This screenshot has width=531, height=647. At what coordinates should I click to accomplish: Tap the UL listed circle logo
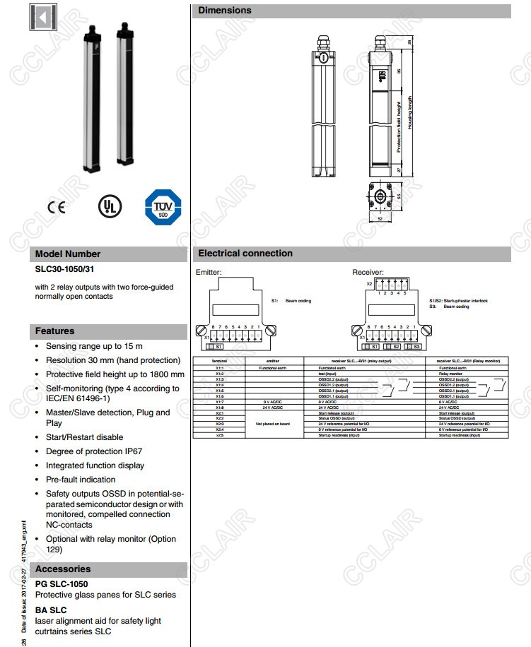pyautogui.click(x=110, y=206)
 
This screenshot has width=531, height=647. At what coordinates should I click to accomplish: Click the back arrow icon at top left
pyautogui.click(x=43, y=18)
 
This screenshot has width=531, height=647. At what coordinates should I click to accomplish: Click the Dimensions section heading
pyautogui.click(x=224, y=11)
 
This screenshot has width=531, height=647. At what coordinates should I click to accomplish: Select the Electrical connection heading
pyautogui.click(x=245, y=254)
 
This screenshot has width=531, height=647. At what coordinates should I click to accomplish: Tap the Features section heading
pyautogui.click(x=54, y=331)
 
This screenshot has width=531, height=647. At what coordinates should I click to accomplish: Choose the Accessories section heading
pyautogui.click(x=63, y=569)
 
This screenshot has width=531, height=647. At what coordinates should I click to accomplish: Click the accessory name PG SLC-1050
pyautogui.click(x=62, y=584)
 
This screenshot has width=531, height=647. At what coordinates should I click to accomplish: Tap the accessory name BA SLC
pyautogui.click(x=51, y=610)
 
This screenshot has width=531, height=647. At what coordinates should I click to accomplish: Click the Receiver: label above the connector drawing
pyautogui.click(x=368, y=272)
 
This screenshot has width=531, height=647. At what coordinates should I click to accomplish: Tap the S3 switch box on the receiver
pyautogui.click(x=417, y=347)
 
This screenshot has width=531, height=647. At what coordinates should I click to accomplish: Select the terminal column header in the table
pyautogui.click(x=220, y=361)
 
